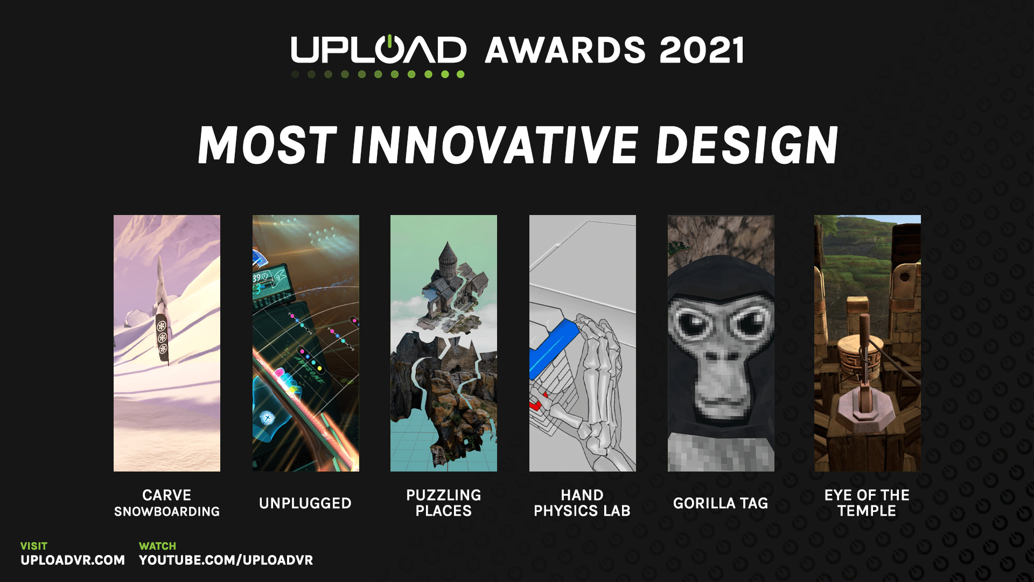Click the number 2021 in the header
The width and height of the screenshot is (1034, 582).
point(702,50)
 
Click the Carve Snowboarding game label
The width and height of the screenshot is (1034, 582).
point(167,503)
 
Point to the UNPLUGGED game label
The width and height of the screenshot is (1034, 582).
point(305,503)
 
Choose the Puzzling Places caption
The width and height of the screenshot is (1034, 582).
point(444,503)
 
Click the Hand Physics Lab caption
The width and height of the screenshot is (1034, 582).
point(582,503)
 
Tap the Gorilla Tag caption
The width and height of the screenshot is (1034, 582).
point(721,503)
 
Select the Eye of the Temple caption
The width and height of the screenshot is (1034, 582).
point(867,503)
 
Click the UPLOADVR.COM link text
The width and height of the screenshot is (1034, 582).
point(73,560)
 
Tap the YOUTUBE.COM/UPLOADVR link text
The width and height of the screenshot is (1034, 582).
point(226,560)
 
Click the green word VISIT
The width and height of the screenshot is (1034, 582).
point(34,546)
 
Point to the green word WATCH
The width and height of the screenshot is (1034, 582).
point(157,546)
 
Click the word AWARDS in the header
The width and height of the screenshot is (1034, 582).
point(565,50)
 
